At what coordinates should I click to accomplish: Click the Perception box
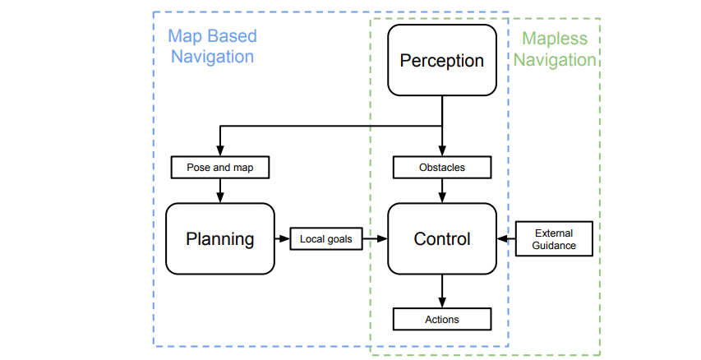click(441, 60)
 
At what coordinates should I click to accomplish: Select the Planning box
click(220, 239)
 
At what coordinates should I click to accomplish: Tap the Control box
click(441, 239)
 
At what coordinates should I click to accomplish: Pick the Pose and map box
click(220, 167)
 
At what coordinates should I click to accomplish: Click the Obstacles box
click(441, 167)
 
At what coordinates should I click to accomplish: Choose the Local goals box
click(326, 239)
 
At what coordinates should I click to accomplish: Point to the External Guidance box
click(554, 239)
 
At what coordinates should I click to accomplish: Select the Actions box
click(441, 319)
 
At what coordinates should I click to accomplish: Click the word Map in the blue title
click(183, 36)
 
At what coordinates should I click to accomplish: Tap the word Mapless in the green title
click(555, 39)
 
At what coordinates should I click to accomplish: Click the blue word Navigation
click(212, 57)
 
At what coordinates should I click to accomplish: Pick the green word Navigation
click(555, 60)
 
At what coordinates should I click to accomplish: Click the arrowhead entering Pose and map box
click(220, 150)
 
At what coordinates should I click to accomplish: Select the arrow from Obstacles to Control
click(442, 191)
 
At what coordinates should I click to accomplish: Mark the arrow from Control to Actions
click(442, 291)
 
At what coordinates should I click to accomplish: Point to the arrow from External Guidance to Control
click(506, 239)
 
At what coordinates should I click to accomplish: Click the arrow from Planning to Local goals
click(283, 239)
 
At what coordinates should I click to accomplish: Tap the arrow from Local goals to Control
click(375, 239)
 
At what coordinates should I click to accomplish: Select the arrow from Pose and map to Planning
click(220, 191)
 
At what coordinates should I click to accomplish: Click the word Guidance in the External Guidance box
click(554, 246)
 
